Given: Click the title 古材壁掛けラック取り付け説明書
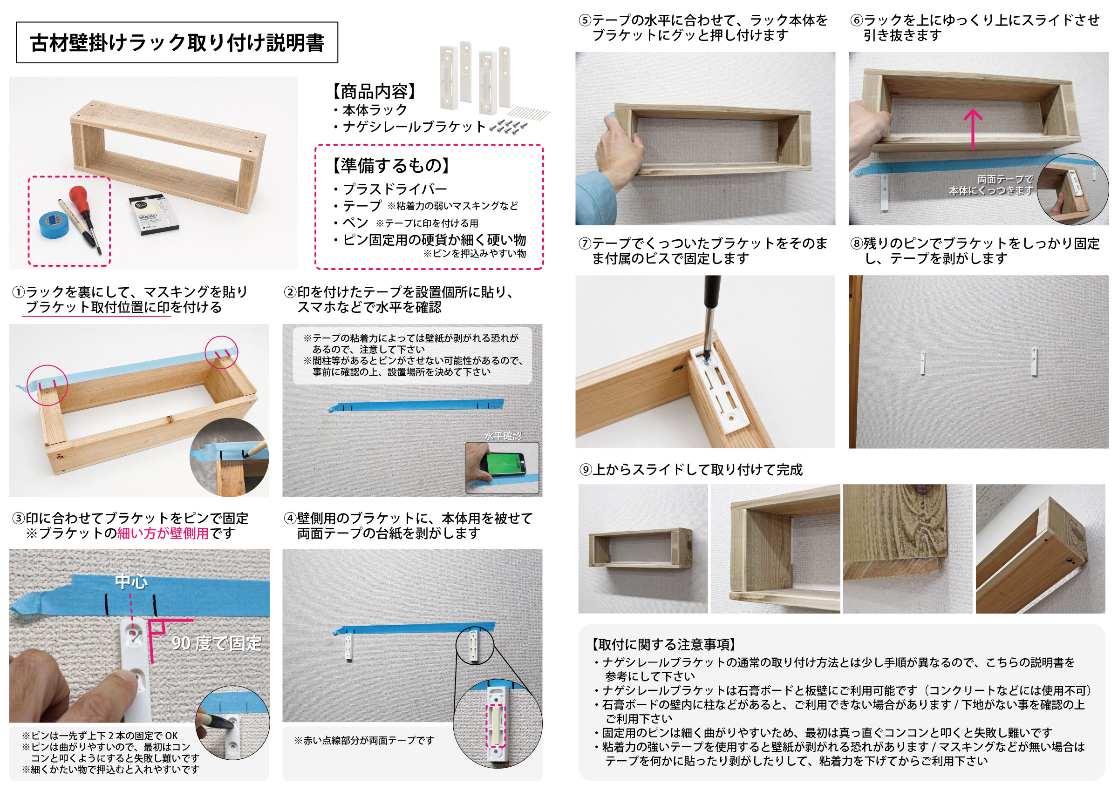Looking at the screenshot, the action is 177,43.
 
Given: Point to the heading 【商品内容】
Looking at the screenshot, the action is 374,92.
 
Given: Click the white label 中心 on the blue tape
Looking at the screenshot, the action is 131,581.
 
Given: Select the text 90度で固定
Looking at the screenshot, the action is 217,643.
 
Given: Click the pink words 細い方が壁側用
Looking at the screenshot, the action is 163,533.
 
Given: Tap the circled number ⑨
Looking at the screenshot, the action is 585,470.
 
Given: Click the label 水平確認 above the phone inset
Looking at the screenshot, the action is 503,436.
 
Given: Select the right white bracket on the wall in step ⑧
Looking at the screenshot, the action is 1034,362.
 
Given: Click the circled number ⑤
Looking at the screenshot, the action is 585,20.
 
